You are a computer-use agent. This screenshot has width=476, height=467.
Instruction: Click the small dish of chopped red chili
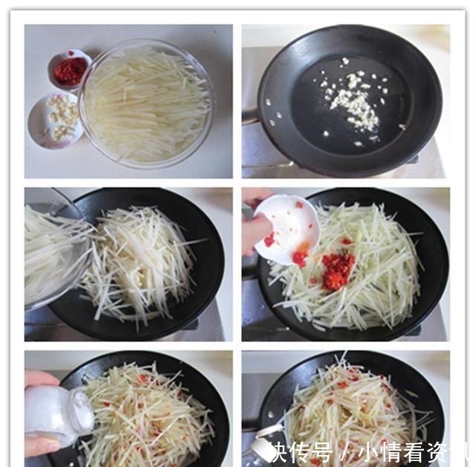point(70,70)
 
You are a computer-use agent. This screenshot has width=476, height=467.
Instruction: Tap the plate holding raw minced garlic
point(57,119)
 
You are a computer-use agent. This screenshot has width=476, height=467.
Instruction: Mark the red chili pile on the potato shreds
point(338,269)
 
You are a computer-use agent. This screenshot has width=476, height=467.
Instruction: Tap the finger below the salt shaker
point(42,446)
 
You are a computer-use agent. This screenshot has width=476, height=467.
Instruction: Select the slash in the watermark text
point(344,451)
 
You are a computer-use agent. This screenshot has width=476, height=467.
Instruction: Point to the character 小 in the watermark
point(367,451)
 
